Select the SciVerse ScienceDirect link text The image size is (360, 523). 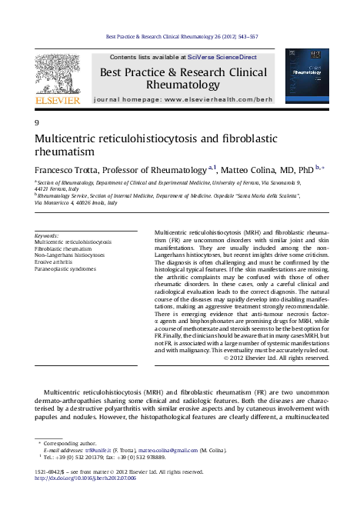[x=213, y=58]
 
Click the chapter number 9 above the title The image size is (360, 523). [x=36, y=123]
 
